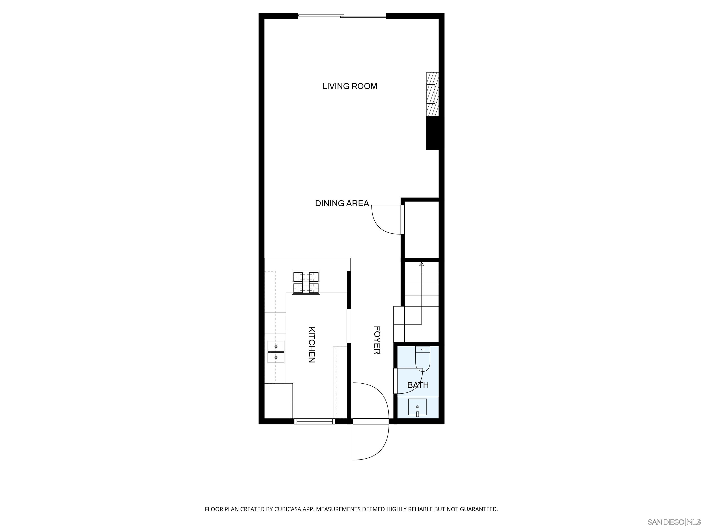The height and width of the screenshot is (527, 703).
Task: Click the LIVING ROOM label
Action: pos(350,86)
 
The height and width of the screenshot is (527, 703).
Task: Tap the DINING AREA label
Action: pos(342,203)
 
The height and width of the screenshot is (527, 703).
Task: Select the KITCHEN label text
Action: pos(312,345)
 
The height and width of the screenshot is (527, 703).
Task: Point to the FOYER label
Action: pos(377,340)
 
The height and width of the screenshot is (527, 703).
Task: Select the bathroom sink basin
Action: pos(417,407)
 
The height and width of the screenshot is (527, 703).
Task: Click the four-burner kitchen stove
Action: pos(306,282)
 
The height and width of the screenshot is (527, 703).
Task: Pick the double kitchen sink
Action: pos(276,352)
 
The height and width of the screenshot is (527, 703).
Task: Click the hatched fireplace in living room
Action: pos(432,94)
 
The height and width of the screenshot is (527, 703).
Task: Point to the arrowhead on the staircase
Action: pos(422,264)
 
